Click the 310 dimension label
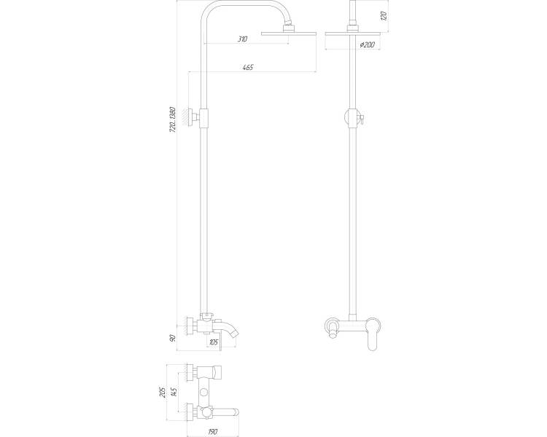pyautogui.click(x=242, y=39)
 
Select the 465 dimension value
pyautogui.click(x=248, y=67)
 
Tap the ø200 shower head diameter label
pyautogui.click(x=367, y=44)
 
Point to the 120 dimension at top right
pyautogui.click(x=384, y=16)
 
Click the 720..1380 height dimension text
pyautogui.click(x=173, y=119)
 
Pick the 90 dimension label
pyautogui.click(x=173, y=338)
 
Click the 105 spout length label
pyautogui.click(x=214, y=342)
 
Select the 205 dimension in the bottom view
pyautogui.click(x=161, y=393)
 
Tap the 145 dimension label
pyautogui.click(x=174, y=393)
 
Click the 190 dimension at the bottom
pyautogui.click(x=212, y=432)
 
